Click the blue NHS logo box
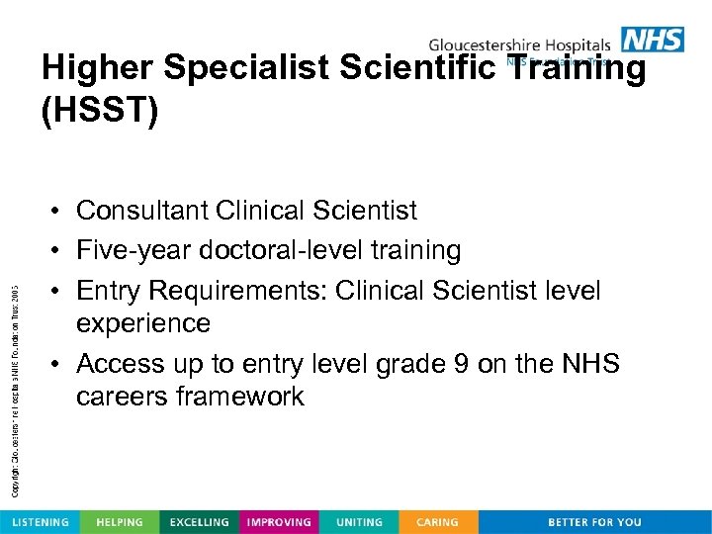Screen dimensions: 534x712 [652, 40]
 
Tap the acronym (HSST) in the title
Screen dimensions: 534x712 [99, 111]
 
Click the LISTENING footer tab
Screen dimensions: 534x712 [40, 521]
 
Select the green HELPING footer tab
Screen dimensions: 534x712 [119, 521]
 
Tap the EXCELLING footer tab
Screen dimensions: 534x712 [199, 521]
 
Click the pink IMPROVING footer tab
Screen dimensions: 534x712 [279, 521]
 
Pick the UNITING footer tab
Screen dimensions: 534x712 [358, 521]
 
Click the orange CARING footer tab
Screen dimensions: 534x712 [437, 521]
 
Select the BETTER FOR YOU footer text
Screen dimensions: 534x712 [594, 521]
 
